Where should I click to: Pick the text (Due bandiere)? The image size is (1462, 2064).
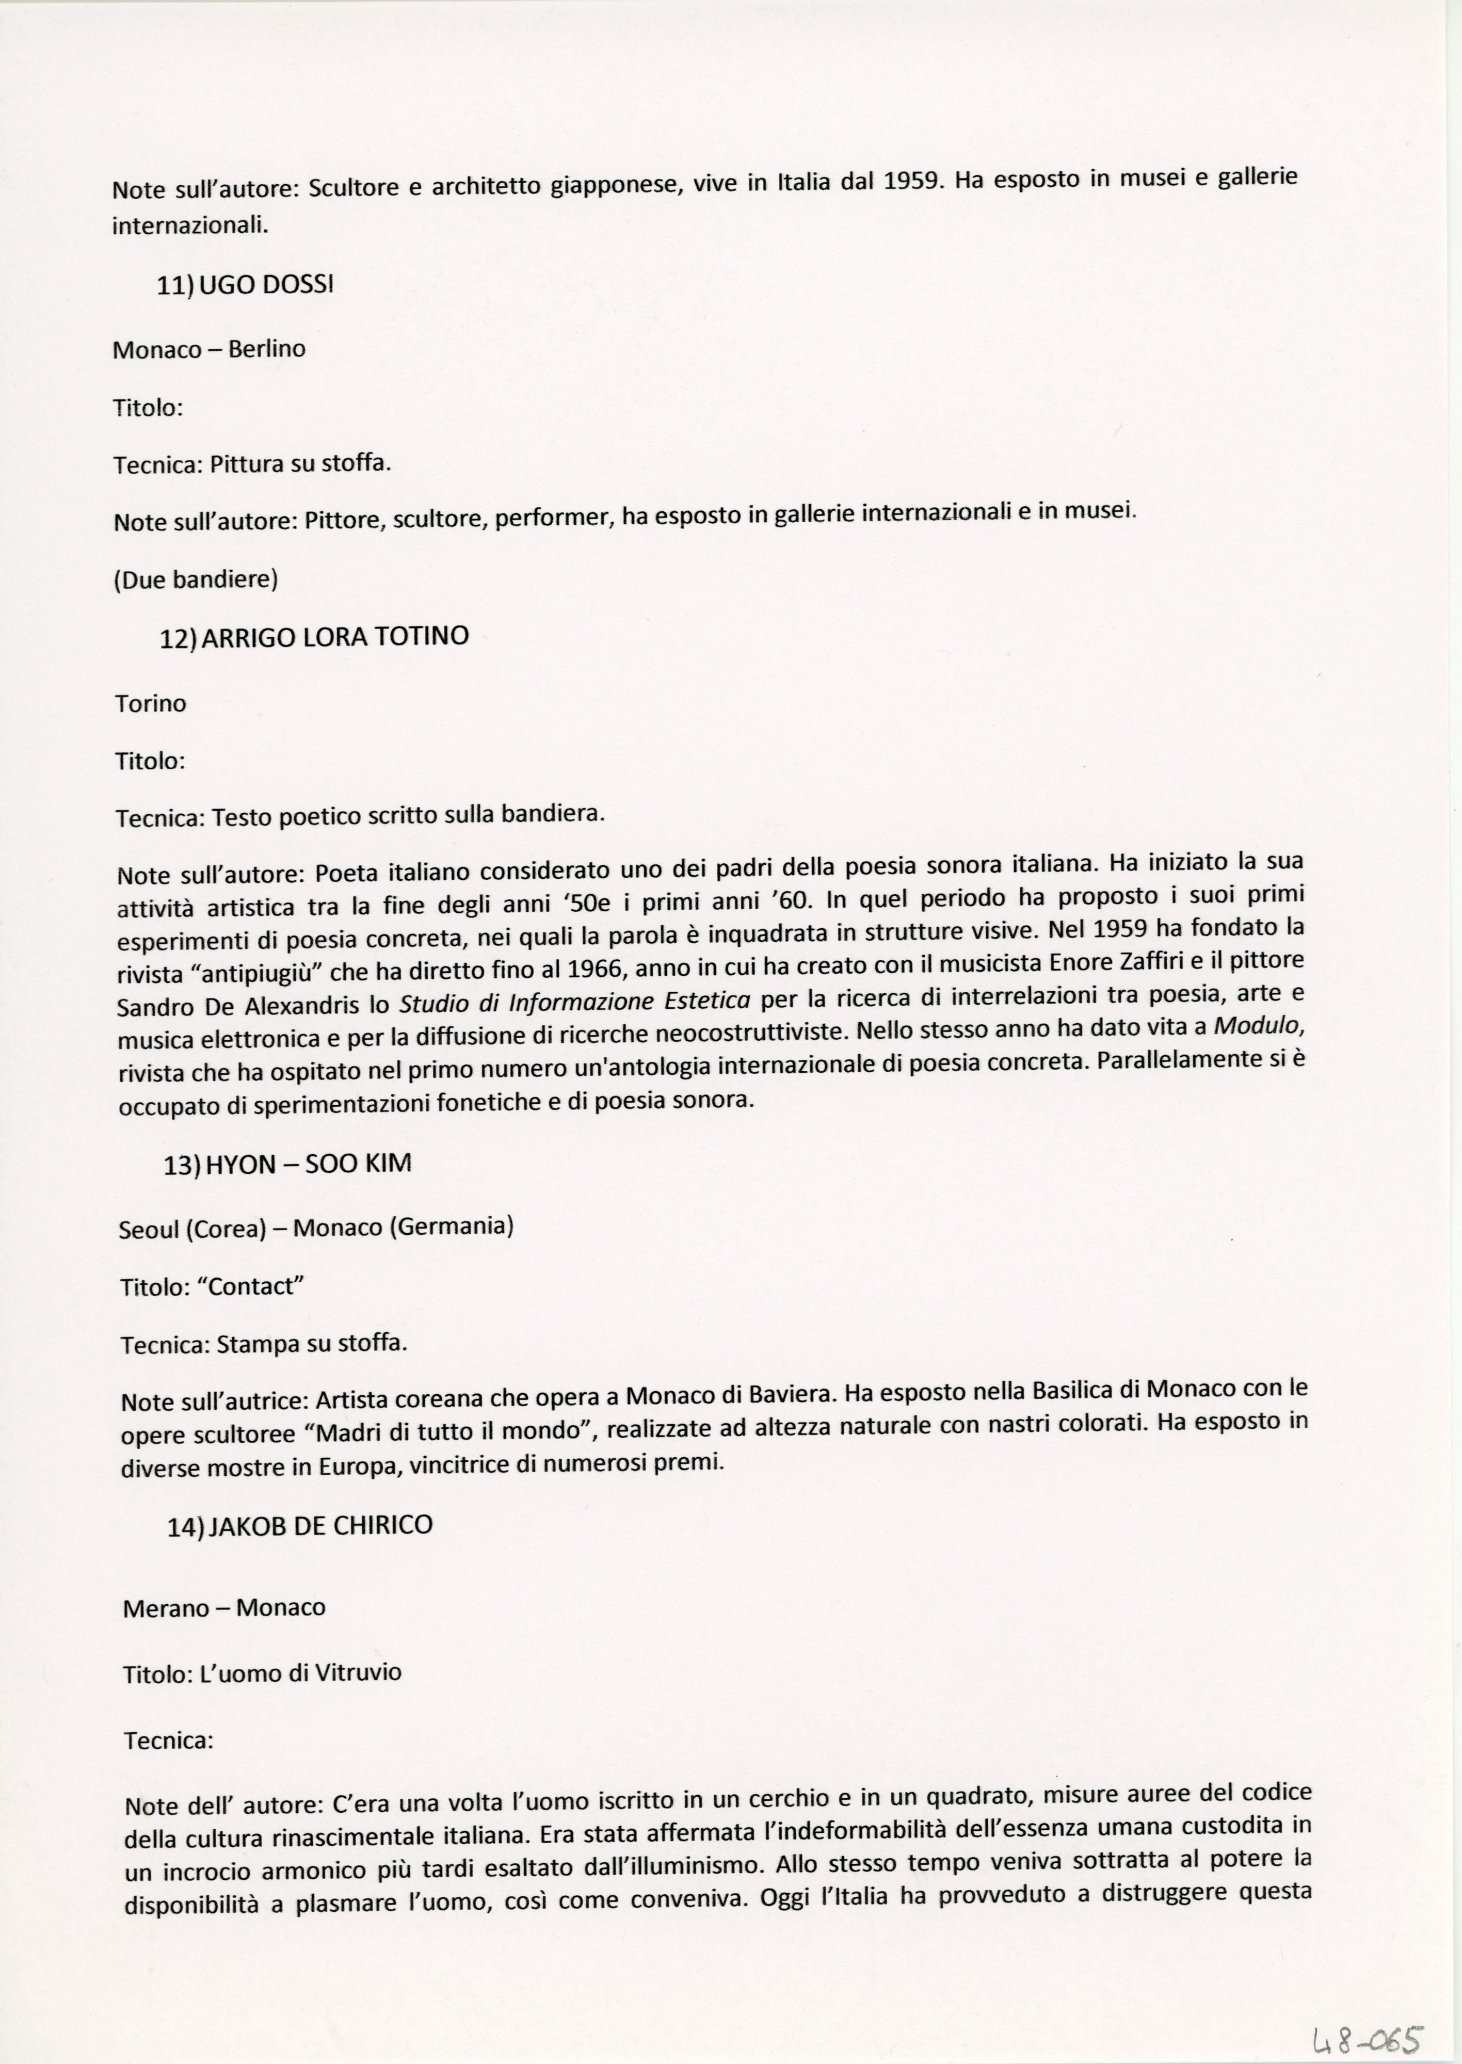(x=196, y=579)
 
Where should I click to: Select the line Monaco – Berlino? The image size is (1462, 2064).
(x=209, y=349)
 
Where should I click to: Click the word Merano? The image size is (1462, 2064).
(x=164, y=1608)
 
